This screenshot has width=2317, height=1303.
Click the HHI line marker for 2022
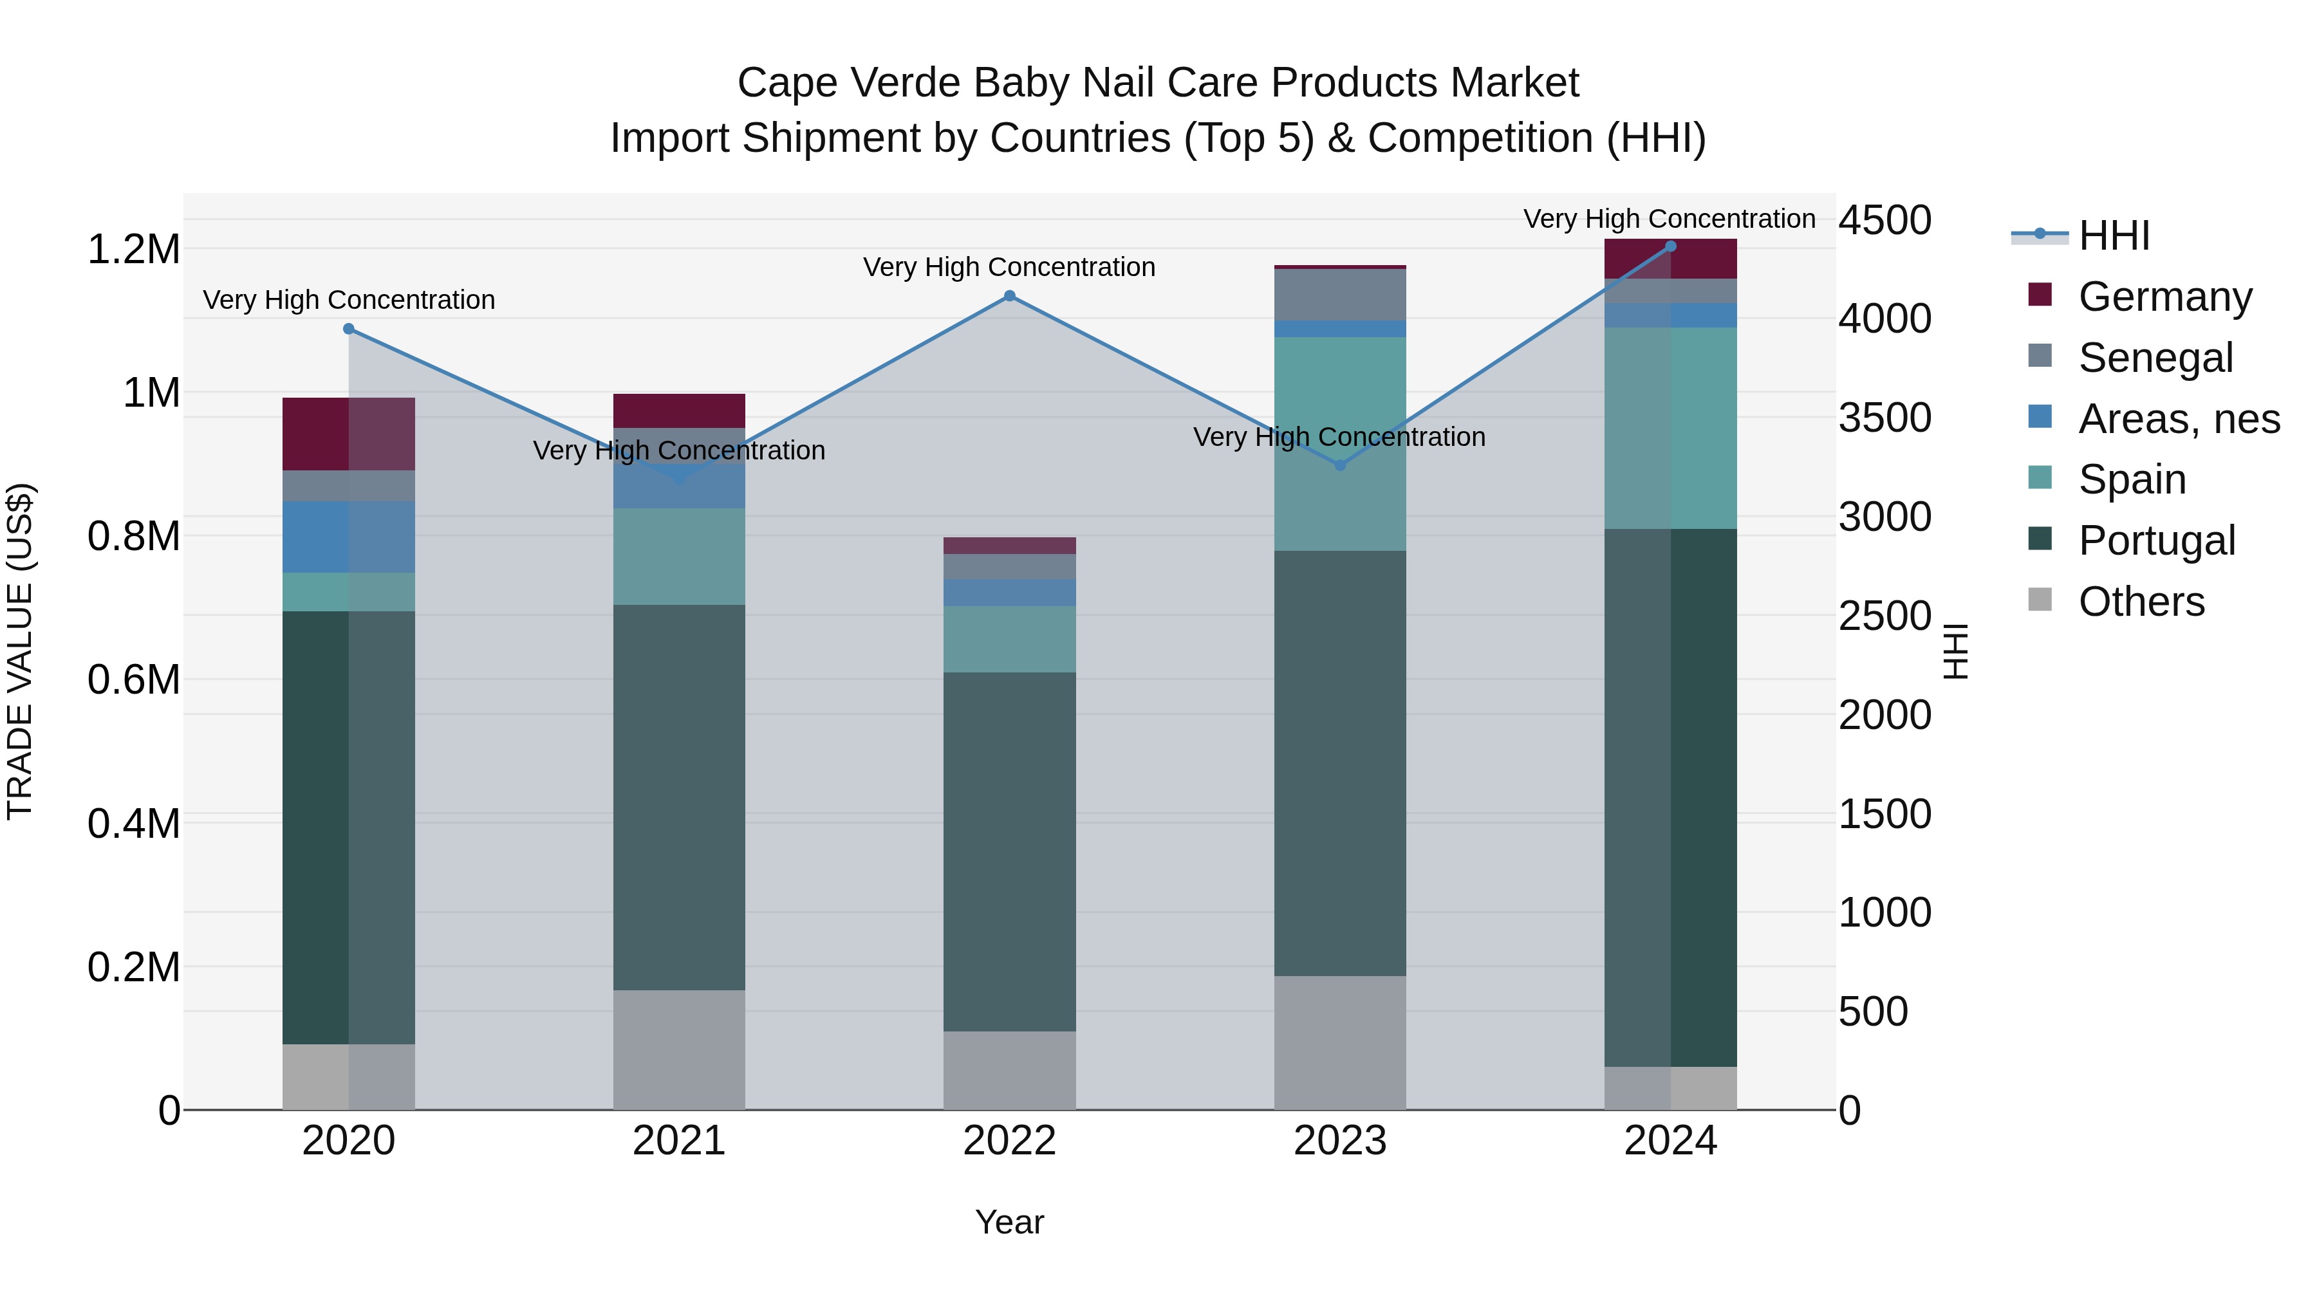[1009, 296]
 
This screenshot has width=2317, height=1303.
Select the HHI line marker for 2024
[1670, 246]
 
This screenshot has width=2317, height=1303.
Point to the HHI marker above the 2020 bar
[349, 329]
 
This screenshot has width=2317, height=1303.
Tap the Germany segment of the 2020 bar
[348, 434]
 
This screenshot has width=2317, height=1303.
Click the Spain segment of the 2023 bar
[1339, 443]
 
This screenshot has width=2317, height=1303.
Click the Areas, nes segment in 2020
[348, 537]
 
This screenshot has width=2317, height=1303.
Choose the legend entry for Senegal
[2155, 358]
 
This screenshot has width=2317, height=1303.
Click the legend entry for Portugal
[2156, 541]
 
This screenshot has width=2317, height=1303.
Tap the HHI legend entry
[2114, 236]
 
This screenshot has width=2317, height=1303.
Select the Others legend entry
[2141, 602]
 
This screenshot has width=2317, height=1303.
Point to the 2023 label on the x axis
[1339, 1141]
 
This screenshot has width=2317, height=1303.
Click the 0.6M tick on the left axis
[133, 680]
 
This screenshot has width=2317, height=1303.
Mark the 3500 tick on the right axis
[1884, 418]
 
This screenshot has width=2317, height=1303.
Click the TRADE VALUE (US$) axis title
[20, 651]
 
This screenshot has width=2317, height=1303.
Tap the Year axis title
[1009, 1222]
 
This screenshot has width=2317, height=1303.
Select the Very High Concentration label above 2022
[1009, 267]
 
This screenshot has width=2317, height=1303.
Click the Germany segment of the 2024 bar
[1670, 259]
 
